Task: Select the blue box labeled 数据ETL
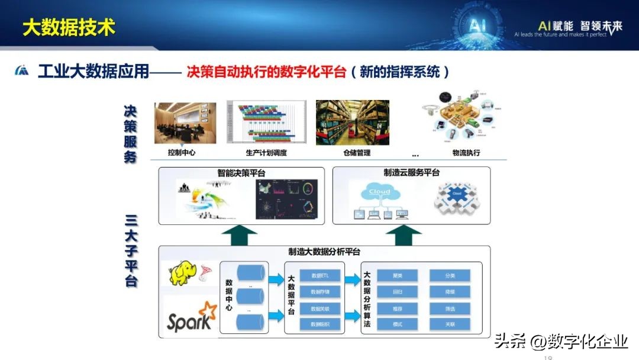(320, 275)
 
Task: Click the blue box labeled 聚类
(397, 275)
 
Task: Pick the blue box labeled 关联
(450, 324)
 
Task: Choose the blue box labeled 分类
(450, 275)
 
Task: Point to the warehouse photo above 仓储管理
(353, 123)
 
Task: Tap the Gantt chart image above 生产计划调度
(266, 123)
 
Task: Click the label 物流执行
(466, 153)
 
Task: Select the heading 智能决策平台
(241, 173)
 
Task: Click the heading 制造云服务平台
(411, 172)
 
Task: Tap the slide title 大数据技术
(69, 27)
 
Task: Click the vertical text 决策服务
(130, 134)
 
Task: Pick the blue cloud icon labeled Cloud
(379, 193)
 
